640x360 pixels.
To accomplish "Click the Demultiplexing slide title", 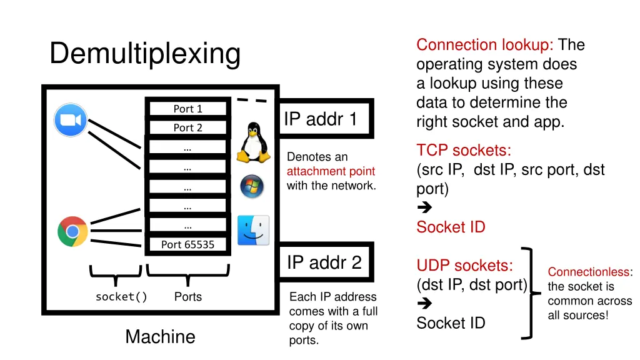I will (x=145, y=53).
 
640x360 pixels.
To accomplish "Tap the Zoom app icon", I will (x=71, y=120).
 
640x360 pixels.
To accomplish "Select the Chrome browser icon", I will (x=72, y=231).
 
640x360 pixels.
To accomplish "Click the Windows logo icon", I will (x=252, y=186).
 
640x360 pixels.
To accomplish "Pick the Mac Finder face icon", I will (x=253, y=230).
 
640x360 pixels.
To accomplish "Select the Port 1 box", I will (x=187, y=109).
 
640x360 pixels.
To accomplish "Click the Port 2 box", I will (x=187, y=127).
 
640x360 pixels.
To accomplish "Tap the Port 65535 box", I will (x=187, y=244).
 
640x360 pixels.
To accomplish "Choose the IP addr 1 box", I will (x=324, y=119).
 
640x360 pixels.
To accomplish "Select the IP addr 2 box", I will (x=324, y=262).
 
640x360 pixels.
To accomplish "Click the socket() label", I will (x=121, y=297).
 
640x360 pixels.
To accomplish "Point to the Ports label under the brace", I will (x=187, y=297).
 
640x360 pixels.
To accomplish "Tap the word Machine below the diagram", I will (x=160, y=337).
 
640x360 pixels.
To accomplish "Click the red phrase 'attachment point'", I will (x=331, y=171).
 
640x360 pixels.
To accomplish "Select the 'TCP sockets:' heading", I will (x=464, y=151).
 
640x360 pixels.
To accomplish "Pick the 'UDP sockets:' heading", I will (x=465, y=266).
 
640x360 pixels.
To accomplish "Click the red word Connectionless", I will (x=589, y=272).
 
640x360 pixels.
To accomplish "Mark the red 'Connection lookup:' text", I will (x=485, y=45).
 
